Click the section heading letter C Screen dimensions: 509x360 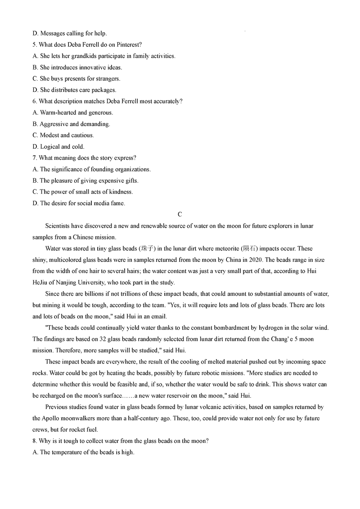click(x=180, y=215)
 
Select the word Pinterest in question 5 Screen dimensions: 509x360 click(x=129, y=45)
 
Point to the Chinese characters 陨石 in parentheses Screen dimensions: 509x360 click(x=251, y=249)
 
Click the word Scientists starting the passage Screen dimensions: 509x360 click(x=59, y=226)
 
